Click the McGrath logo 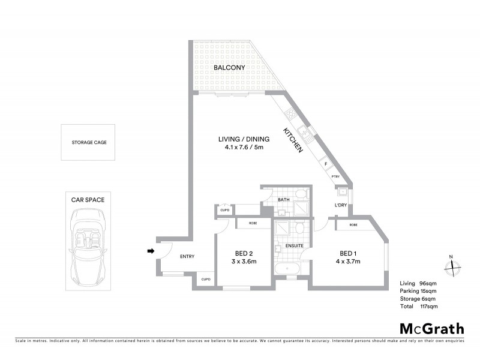(431, 328)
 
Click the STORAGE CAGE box (89, 142)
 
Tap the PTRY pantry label (335, 177)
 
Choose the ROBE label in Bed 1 (353, 224)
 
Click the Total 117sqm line (419, 306)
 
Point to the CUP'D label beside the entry (205, 279)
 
